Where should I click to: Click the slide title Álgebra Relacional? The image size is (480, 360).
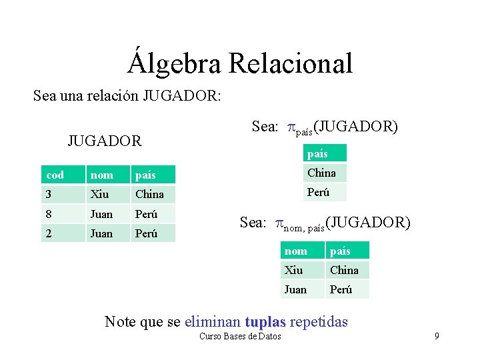pyautogui.click(x=240, y=63)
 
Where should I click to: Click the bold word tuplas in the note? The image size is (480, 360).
pyautogui.click(x=265, y=322)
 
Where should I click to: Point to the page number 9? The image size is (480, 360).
pyautogui.click(x=437, y=336)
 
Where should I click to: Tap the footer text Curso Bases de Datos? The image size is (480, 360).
pyautogui.click(x=240, y=336)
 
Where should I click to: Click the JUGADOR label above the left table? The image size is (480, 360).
pyautogui.click(x=105, y=141)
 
